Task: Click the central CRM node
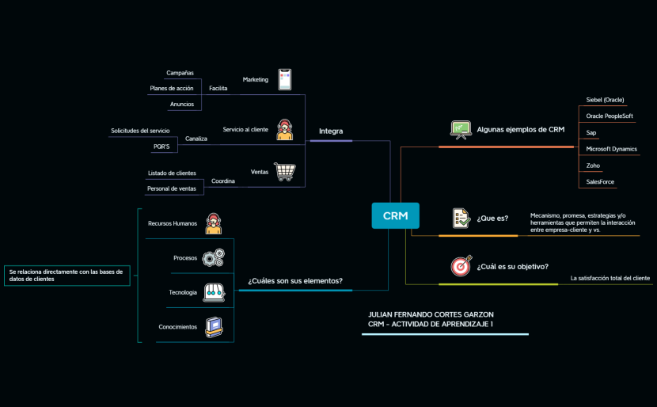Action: tap(395, 215)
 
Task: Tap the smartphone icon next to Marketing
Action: tap(284, 79)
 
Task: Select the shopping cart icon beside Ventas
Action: tap(284, 172)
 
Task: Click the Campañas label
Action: tap(180, 73)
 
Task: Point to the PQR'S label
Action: tap(161, 146)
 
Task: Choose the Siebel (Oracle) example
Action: tap(605, 100)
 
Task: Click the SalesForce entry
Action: tap(600, 181)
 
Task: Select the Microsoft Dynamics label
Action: tap(611, 149)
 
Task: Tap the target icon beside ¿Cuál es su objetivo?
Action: tap(461, 266)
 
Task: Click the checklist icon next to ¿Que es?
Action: tap(461, 218)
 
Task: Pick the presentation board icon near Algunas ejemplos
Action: tap(460, 129)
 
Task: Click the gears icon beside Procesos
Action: tap(213, 257)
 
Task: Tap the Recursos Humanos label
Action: tap(173, 223)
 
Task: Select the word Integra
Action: tap(331, 131)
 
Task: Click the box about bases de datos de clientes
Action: tap(66, 275)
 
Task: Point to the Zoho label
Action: tap(593, 165)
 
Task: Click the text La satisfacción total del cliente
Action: tap(610, 278)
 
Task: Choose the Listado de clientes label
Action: tap(172, 173)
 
